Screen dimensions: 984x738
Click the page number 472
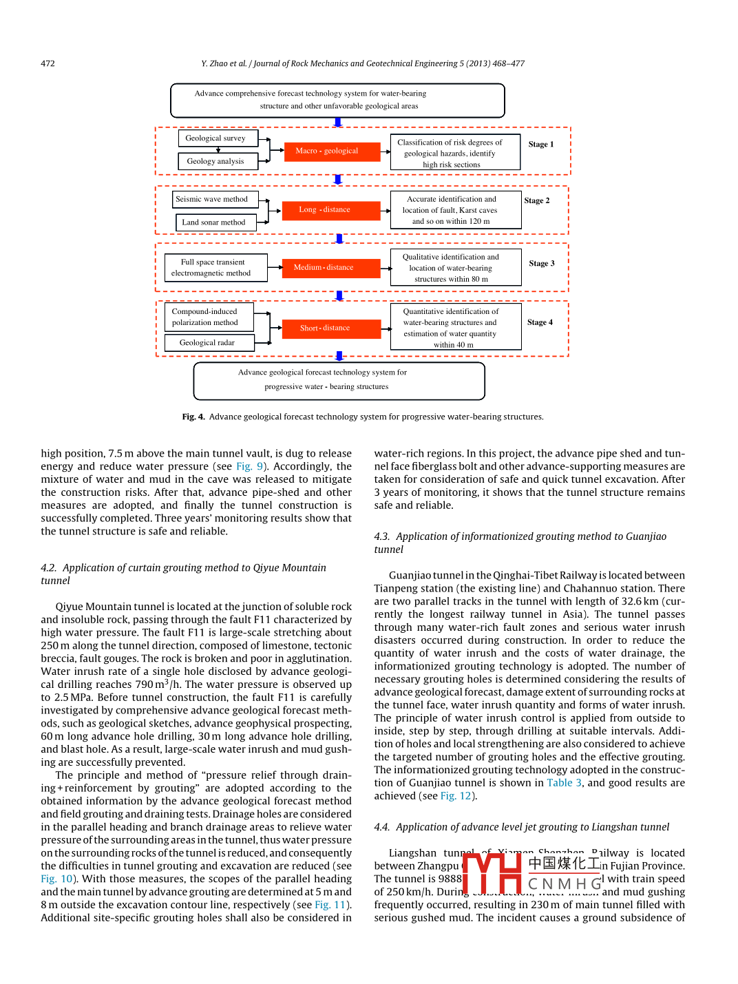point(48,63)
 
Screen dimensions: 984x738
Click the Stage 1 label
point(541,145)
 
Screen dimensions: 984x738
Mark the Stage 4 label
point(540,322)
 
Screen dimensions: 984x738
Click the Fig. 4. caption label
point(193,417)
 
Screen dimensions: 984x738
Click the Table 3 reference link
point(564,783)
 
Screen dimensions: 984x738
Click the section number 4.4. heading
point(382,827)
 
